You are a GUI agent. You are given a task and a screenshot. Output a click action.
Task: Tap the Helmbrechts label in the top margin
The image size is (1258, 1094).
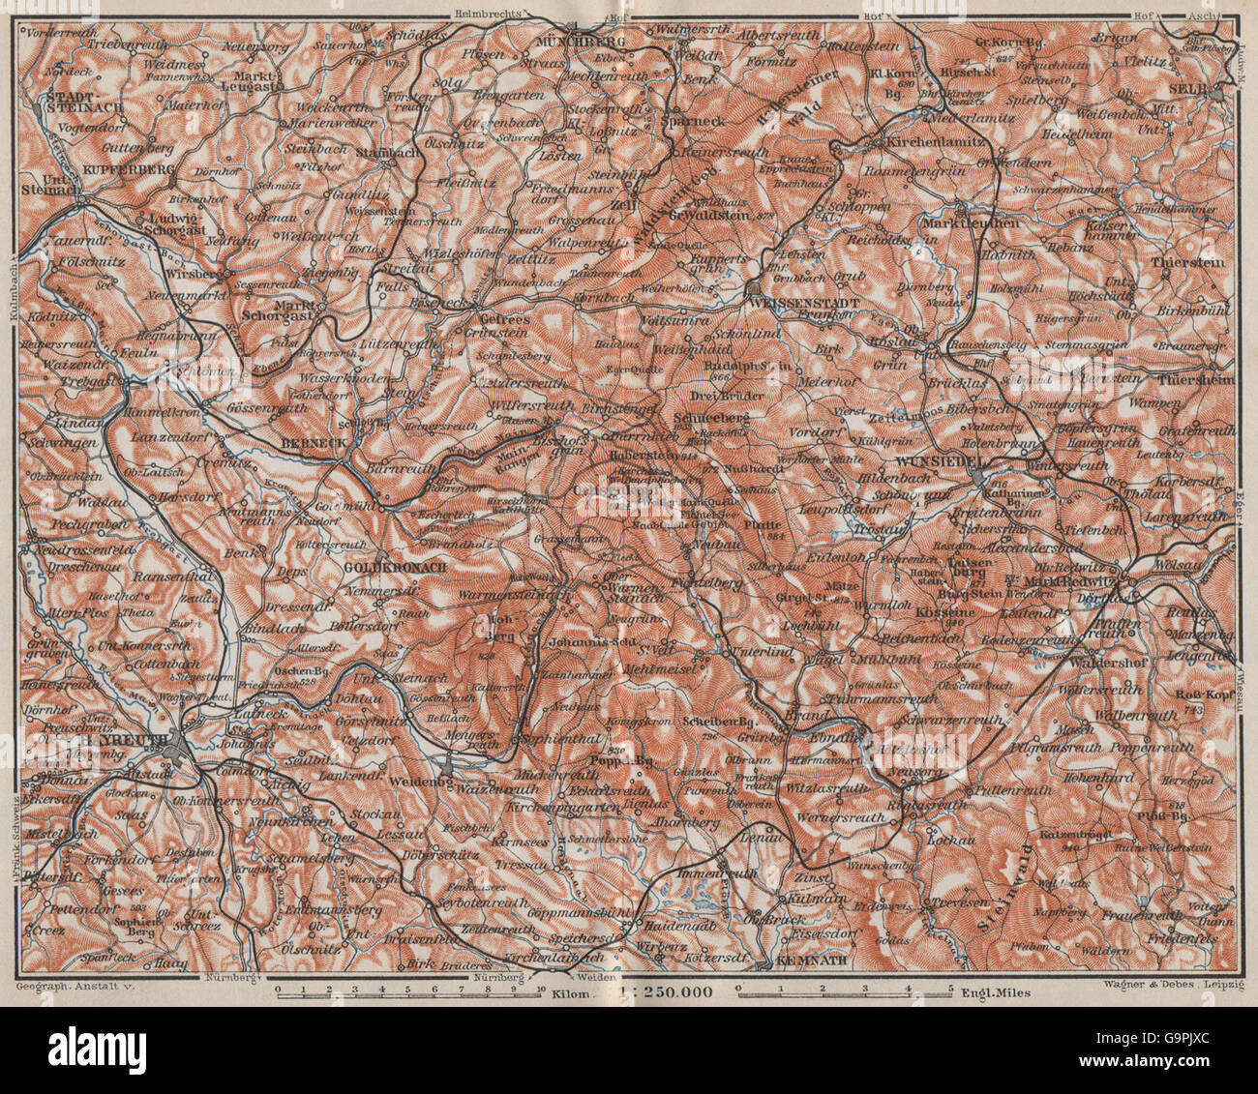click(491, 13)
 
